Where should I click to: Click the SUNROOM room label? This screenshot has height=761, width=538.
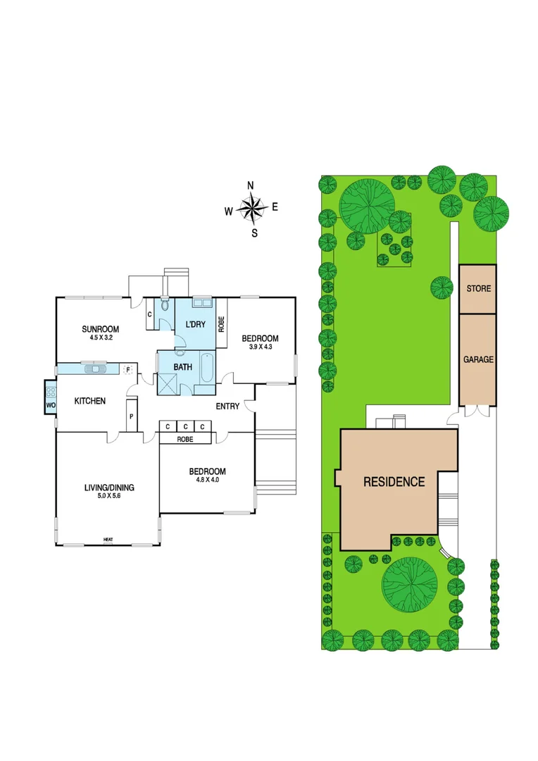pos(99,329)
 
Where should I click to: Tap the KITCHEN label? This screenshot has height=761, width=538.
pos(90,401)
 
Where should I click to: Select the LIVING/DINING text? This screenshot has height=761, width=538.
pos(108,487)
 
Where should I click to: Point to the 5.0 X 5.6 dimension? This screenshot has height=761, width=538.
pos(108,496)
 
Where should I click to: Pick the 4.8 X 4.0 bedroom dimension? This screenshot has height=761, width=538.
pos(207,481)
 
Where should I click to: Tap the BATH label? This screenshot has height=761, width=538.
pos(183,367)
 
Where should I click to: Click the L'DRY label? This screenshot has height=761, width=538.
pos(195,324)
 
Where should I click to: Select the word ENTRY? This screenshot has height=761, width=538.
pos(227,406)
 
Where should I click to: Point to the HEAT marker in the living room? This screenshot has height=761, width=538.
pos(108,540)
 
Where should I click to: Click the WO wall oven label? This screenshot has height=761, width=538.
pos(50,406)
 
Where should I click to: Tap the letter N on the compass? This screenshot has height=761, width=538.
pos(251,186)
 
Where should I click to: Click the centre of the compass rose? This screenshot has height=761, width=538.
pos(251,208)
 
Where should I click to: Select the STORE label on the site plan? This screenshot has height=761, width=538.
pos(478,289)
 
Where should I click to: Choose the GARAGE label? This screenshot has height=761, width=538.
pos(478,359)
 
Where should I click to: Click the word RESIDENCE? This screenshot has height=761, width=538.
pos(394,482)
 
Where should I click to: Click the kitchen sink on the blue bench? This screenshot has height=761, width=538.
pos(94,368)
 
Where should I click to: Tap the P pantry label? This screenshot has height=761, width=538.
pos(131,416)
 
